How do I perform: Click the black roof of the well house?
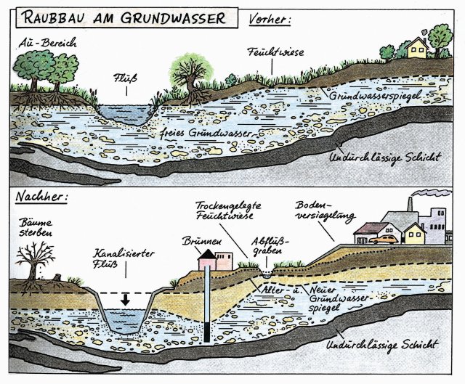206,253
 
